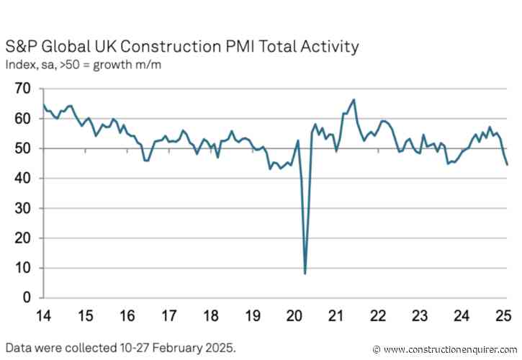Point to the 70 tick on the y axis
pos(23,89)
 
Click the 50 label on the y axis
pos(23,148)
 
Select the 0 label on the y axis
pos(28,297)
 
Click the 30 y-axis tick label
pos(23,208)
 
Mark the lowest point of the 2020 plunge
pos(305,274)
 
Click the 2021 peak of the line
pos(354,99)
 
